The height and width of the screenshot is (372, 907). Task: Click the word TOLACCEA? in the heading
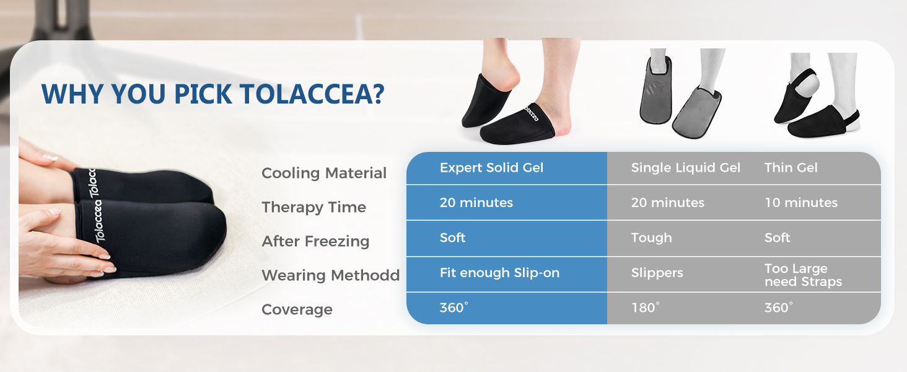tap(312, 94)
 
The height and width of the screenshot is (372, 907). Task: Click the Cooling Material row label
tap(324, 173)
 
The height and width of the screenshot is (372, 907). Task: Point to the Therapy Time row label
tap(314, 208)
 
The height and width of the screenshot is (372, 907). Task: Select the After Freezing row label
tap(315, 242)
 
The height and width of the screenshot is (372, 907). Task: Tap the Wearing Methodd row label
tap(330, 275)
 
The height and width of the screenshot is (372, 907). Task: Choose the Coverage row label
tap(297, 310)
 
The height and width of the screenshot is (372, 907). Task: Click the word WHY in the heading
tap(72, 94)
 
